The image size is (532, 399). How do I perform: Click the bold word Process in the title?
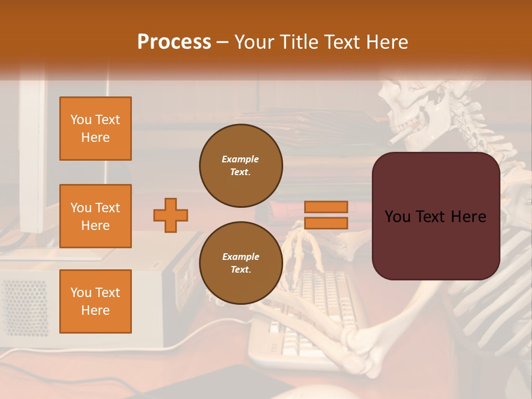point(174,42)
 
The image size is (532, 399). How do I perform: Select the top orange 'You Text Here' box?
point(95,129)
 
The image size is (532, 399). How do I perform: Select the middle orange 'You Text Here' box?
point(95,216)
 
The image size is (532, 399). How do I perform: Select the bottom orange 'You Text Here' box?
point(95,301)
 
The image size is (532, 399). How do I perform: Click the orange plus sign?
point(171,215)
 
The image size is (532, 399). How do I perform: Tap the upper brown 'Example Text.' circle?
point(241,166)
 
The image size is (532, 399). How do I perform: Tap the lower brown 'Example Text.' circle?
point(241,263)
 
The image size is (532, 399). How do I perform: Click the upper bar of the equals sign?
point(326,207)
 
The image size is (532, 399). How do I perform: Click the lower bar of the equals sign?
point(326,223)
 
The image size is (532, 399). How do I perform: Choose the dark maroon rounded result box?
point(436,216)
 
